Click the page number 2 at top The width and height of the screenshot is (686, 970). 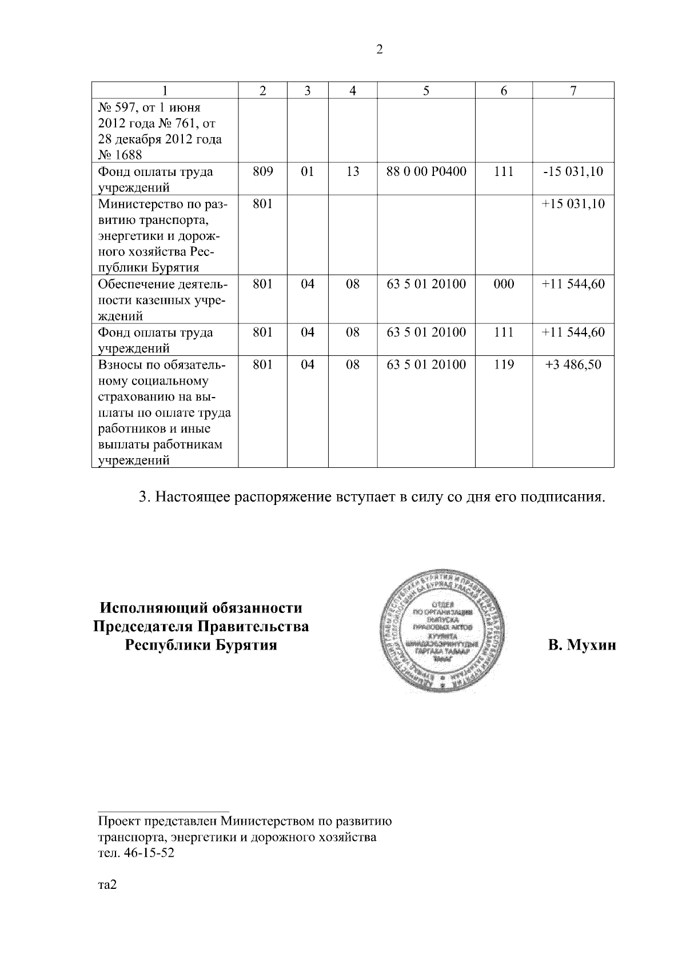(379, 49)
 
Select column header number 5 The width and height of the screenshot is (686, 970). (426, 90)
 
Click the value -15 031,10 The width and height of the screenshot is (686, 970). (573, 171)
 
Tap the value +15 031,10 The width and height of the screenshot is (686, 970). (573, 204)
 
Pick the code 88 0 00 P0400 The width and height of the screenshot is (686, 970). (426, 171)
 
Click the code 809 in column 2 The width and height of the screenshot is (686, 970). (262, 171)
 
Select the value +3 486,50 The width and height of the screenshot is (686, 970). (573, 364)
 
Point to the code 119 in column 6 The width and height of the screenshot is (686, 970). (503, 364)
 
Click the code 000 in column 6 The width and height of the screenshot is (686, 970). (503, 284)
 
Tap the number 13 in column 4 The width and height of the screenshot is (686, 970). (353, 171)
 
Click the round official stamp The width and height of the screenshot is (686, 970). (441, 631)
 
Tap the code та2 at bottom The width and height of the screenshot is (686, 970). (107, 885)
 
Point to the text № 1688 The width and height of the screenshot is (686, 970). (121, 155)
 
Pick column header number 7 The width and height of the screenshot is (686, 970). (573, 90)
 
